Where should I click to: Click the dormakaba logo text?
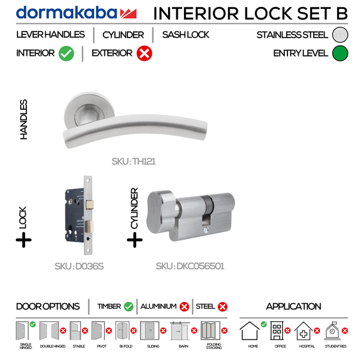coord(67,13)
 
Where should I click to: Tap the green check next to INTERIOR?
coord(67,54)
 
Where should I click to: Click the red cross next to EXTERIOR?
coord(144,54)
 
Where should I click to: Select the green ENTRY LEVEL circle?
coord(340,53)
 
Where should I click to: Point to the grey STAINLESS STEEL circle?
coord(340,35)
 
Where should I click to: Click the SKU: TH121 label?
coord(134,161)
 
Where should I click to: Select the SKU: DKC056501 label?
coord(190,266)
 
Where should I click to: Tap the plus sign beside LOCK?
coord(24,239)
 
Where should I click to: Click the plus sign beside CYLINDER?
coord(134,239)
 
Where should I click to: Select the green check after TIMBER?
coord(129,307)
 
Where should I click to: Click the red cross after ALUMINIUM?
coord(185,307)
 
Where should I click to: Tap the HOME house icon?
coord(250,331)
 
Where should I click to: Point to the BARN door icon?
coord(179,331)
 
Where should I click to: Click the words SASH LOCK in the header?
coord(186,35)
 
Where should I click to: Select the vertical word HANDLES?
coord(24,119)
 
